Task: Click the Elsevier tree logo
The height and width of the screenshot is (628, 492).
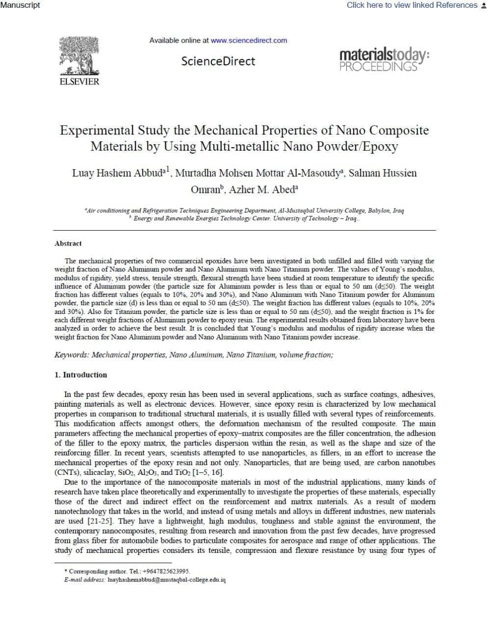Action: coord(79,55)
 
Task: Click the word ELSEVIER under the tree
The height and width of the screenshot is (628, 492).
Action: coord(79,82)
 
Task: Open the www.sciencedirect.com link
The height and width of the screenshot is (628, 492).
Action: coord(249,40)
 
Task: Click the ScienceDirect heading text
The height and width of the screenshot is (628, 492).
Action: coord(218,61)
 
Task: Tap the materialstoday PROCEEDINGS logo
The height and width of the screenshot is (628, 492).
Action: coord(384,59)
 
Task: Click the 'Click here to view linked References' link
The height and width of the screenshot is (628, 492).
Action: coord(412,5)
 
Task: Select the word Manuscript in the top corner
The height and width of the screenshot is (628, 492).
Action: coord(20,5)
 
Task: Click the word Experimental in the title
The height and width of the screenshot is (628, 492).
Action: coord(97,130)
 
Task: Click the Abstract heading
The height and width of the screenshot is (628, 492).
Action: coord(68,243)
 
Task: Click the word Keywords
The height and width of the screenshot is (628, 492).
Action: coord(72,355)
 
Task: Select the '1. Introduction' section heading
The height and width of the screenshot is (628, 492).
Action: coord(80,375)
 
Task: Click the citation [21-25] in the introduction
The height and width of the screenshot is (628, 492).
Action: coord(101,521)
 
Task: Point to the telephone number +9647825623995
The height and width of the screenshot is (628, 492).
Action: coord(166,571)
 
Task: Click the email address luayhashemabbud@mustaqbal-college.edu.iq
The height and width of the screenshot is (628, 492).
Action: coord(166,579)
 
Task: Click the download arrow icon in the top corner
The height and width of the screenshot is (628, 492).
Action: coord(484,5)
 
